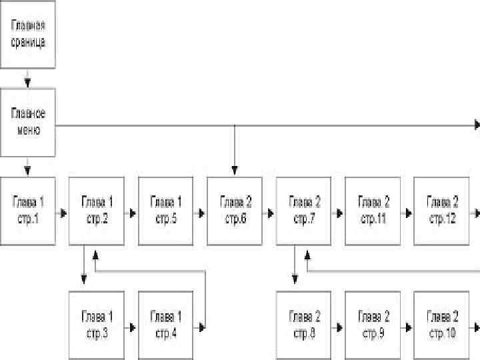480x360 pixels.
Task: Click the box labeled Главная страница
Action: click(x=27, y=33)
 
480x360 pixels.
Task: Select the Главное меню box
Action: click(x=27, y=122)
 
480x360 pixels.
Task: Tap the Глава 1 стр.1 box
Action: click(x=27, y=211)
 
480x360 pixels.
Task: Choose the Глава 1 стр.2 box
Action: click(x=97, y=211)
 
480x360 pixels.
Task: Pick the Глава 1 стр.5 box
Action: click(x=165, y=211)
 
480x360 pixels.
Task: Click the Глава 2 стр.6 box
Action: click(x=235, y=211)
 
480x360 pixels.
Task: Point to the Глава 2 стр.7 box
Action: click(x=304, y=211)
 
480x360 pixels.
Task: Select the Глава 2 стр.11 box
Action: click(x=373, y=211)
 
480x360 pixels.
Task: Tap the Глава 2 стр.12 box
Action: click(x=442, y=211)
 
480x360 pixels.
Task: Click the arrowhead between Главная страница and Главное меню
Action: click(x=27, y=84)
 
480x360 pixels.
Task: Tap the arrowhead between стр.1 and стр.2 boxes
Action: click(x=63, y=213)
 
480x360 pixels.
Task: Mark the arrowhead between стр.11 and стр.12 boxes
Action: click(x=409, y=213)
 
